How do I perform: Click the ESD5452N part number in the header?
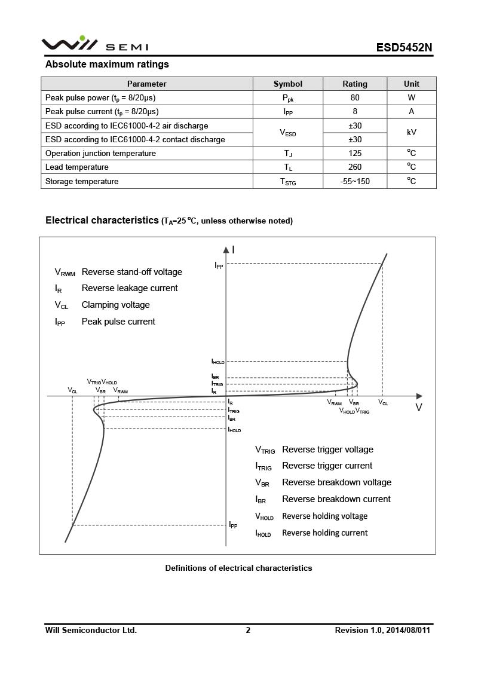(404, 47)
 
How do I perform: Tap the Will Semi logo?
(94, 44)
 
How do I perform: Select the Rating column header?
(355, 84)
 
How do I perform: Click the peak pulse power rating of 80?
(355, 97)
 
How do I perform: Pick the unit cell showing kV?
(412, 132)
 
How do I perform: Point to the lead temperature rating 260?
(355, 167)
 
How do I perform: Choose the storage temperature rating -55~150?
(355, 181)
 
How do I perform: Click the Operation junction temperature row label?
(100, 154)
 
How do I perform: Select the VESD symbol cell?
(288, 133)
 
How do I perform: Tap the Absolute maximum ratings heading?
(108, 64)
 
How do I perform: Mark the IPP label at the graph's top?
(219, 265)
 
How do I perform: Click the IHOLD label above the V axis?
(217, 362)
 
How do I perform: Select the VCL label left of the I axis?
(72, 390)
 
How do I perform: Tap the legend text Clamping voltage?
(116, 305)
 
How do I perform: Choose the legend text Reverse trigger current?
(327, 466)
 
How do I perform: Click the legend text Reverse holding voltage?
(324, 516)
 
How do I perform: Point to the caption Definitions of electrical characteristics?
(238, 568)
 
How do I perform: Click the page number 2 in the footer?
(248, 630)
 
